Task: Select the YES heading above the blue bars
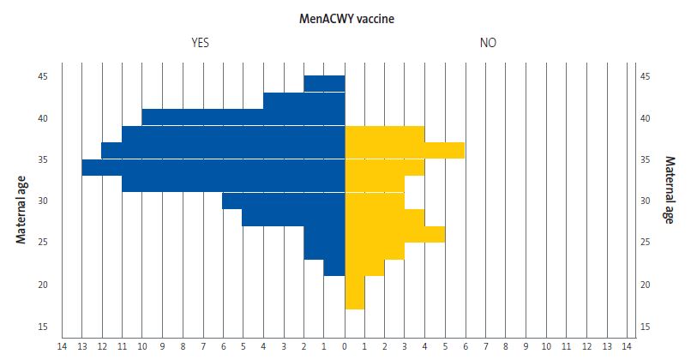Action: coord(200,42)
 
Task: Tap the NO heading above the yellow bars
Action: coord(488,42)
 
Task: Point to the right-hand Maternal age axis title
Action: coord(669,190)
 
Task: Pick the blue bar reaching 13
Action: coord(213,167)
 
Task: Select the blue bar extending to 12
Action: coord(223,151)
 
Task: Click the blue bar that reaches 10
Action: coord(243,117)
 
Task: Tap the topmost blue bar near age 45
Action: coord(324,84)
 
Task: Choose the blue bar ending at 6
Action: coord(283,201)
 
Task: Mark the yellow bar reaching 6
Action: coord(405,151)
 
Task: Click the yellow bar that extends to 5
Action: coord(394,234)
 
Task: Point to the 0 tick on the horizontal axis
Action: coord(345,346)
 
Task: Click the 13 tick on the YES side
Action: coord(81,346)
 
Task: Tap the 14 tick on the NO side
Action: coord(627,346)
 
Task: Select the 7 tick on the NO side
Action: coord(485,346)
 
